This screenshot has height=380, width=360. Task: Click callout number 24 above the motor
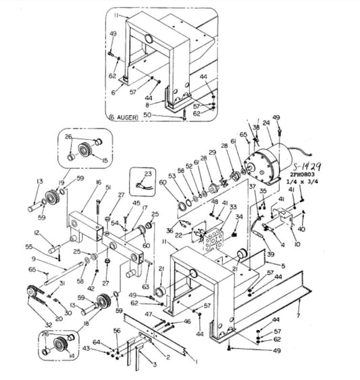coord(266,123)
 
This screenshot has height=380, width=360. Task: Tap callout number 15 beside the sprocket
coord(104,160)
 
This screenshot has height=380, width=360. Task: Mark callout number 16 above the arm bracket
coord(98,183)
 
